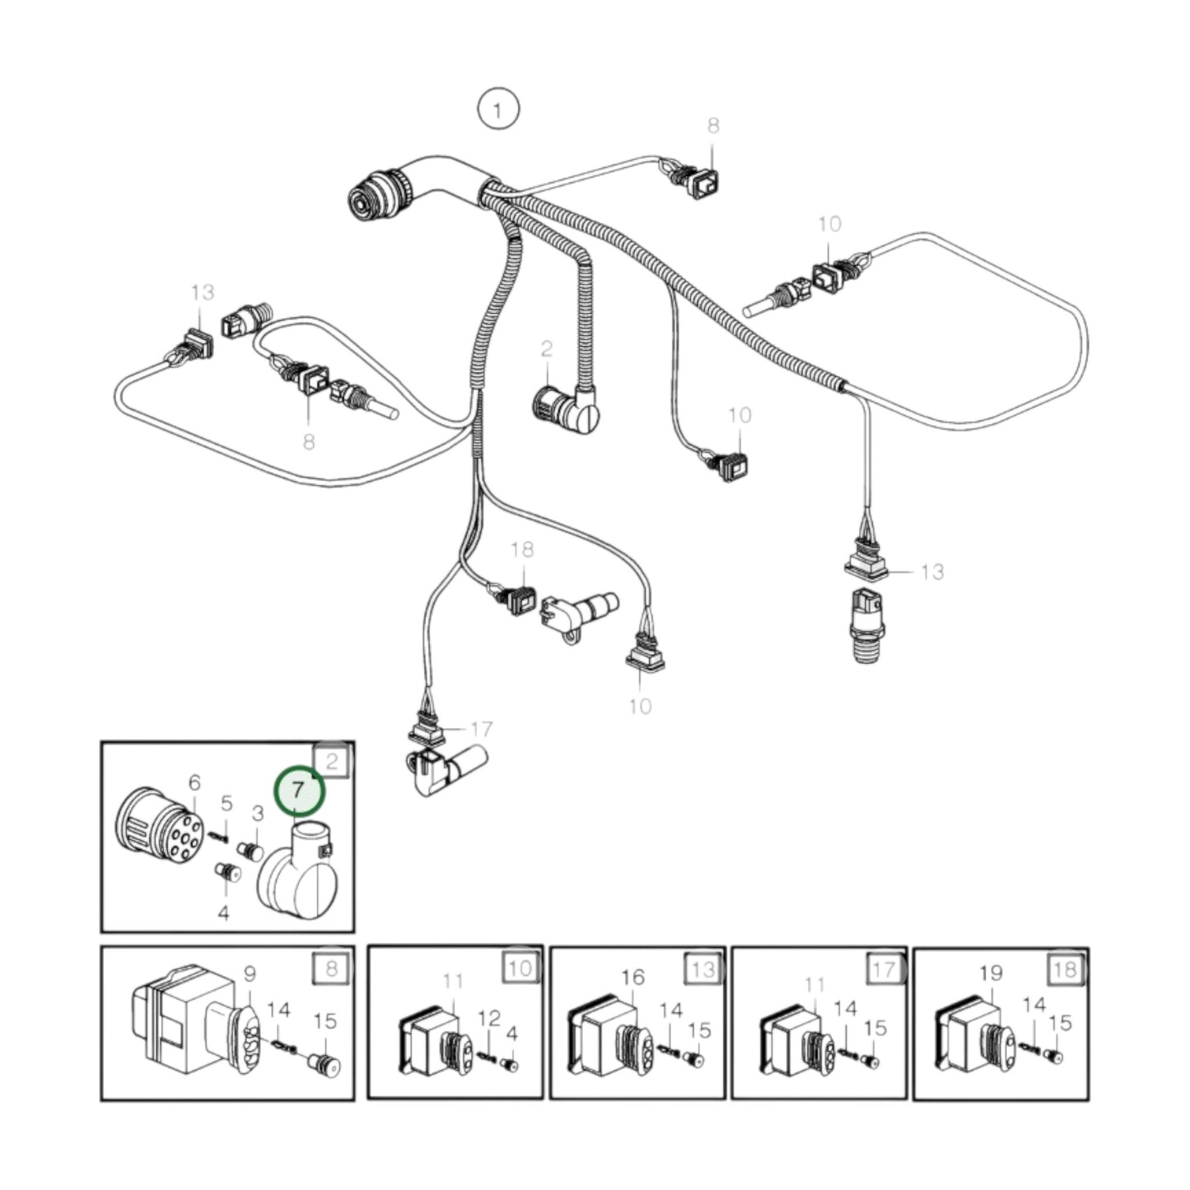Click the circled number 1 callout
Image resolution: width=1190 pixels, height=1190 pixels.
(x=498, y=109)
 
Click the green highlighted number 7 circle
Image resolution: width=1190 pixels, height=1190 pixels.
(x=299, y=789)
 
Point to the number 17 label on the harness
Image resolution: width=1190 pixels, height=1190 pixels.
(x=481, y=728)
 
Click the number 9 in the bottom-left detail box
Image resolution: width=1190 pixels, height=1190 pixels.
(x=250, y=973)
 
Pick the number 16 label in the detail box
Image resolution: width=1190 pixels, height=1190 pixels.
(x=632, y=977)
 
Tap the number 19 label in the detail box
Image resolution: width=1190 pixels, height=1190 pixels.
(x=991, y=973)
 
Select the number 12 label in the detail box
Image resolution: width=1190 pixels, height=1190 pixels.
(x=489, y=1018)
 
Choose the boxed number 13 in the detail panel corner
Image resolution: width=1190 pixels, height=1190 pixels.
(x=702, y=968)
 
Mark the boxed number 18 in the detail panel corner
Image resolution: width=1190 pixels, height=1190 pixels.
(x=1065, y=968)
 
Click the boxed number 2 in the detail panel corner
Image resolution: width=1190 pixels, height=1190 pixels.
(x=332, y=761)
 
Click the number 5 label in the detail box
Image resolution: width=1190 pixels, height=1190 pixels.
(x=226, y=803)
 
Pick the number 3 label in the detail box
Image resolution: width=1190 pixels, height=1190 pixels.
(x=257, y=814)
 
